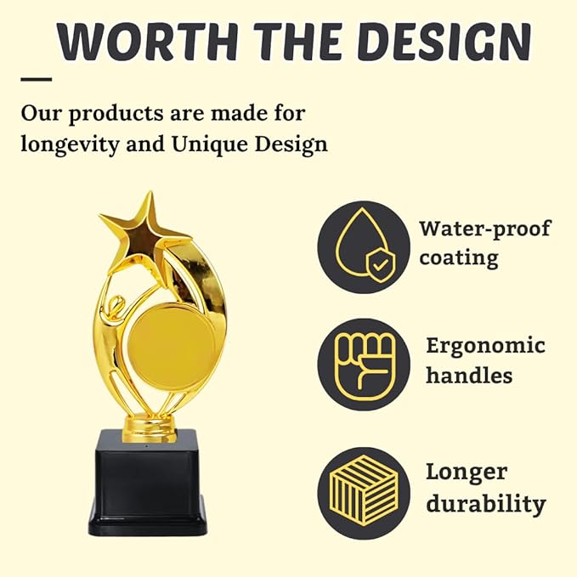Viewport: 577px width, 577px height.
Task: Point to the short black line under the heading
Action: tap(36, 79)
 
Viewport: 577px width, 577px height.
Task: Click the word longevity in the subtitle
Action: tap(71, 144)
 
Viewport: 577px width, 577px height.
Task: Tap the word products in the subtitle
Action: tap(116, 114)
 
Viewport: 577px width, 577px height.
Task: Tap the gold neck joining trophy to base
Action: tap(150, 427)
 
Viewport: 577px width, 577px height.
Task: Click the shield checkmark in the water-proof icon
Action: tap(381, 263)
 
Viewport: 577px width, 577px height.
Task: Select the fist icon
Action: tap(365, 365)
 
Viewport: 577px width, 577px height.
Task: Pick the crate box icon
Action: tap(364, 489)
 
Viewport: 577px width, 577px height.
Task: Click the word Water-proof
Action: tap(485, 229)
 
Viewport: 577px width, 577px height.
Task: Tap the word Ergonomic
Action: tap(486, 347)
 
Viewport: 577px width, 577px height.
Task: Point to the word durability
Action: tap(486, 504)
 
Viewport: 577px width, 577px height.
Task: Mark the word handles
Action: tap(469, 375)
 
